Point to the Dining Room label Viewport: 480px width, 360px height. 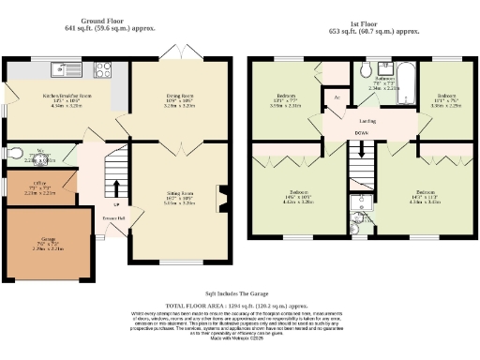click(x=177, y=95)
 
